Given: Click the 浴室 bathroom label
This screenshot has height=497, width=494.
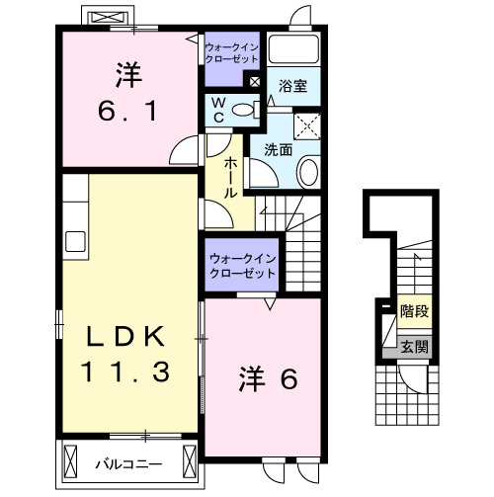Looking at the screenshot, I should [x=292, y=86].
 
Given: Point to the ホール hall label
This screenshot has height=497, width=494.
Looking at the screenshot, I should [x=230, y=177].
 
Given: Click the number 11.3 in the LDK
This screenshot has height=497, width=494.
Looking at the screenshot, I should [x=127, y=373].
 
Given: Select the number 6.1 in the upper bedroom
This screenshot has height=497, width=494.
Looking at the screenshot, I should [x=127, y=112].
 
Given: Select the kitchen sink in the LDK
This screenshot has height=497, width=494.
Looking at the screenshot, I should [x=75, y=240].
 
